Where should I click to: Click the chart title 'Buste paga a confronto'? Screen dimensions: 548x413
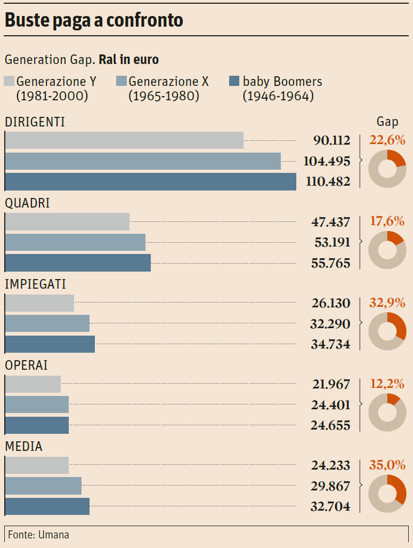tap(94, 20)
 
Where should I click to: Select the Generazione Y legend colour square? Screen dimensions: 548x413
tap(9, 82)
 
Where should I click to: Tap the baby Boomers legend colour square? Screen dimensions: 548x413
tap(233, 82)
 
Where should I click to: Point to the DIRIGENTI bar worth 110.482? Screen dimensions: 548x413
tap(150, 181)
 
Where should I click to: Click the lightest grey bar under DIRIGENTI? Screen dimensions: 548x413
tap(124, 140)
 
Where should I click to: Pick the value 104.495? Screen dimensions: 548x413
tap(327, 161)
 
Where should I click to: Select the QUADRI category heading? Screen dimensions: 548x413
tap(27, 203)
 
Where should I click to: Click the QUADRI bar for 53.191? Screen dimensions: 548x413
tap(75, 242)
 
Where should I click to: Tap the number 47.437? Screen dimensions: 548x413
tap(331, 222)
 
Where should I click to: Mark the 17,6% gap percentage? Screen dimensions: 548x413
tap(387, 221)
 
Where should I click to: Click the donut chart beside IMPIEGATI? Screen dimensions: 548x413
tap(387, 331)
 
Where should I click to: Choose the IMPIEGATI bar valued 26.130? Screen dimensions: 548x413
tap(39, 303)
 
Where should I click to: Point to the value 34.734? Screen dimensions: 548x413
tap(330, 344)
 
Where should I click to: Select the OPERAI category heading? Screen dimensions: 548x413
tap(26, 366)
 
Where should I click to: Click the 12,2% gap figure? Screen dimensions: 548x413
tap(387, 384)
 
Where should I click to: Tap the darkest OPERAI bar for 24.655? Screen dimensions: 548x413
tap(37, 425)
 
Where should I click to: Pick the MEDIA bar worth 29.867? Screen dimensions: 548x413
tap(43, 486)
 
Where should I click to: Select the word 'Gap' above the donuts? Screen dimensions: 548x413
tap(387, 122)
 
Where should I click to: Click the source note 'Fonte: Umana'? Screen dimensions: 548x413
tap(38, 534)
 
